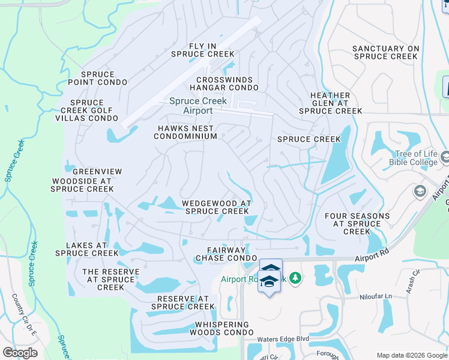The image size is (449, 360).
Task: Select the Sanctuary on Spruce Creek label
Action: click(385, 52)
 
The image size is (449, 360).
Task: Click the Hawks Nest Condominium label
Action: click(185, 132)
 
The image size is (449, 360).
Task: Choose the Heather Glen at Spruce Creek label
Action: click(330, 103)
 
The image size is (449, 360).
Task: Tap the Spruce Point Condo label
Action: click(97, 78)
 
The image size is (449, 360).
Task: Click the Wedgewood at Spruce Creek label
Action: click(216, 207)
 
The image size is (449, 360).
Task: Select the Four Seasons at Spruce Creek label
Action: click(357, 223)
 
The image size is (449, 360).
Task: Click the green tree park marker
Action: click(295, 278)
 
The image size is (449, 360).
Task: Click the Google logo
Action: click(20, 353)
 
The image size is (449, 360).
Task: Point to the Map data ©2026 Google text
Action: click(411, 355)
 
